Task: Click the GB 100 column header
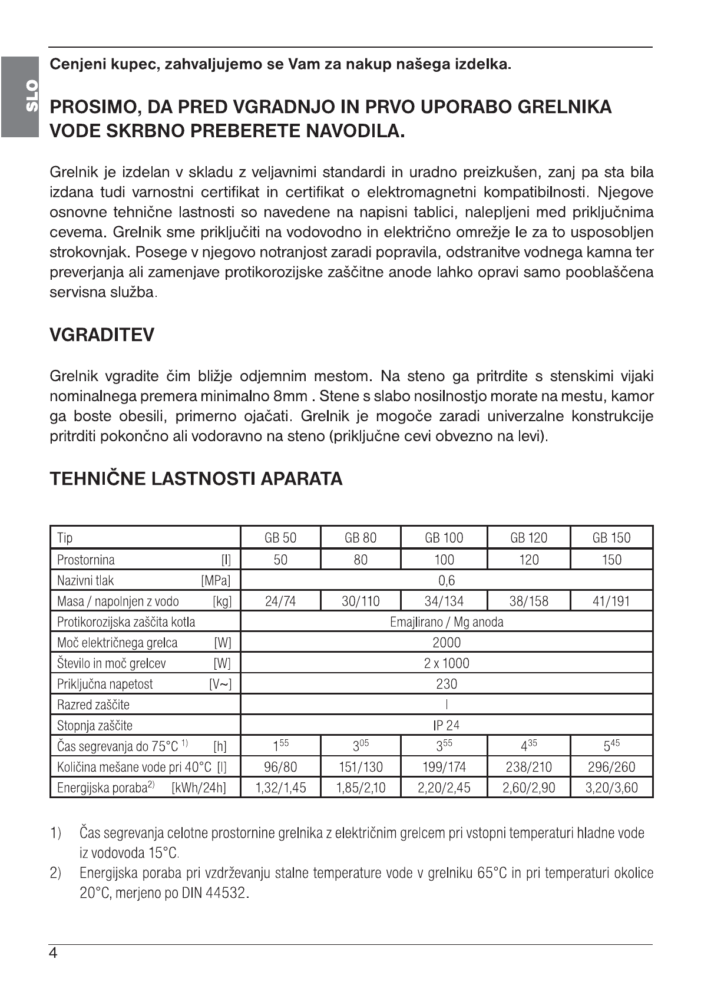pos(444,537)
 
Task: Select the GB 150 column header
pos(611,537)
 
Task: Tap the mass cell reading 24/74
pos(280,601)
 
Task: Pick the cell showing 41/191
pos(611,601)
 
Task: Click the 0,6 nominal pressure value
pos(447,580)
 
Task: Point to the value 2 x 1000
pos(447,663)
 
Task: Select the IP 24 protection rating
pos(447,725)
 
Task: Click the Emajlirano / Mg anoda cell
pos(447,621)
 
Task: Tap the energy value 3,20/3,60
pos(611,788)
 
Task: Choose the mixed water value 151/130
pos(361,767)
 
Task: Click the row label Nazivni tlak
pos(85,580)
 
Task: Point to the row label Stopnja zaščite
pos(94,725)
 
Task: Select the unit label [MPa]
pos(216,580)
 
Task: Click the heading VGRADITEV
pos(102,335)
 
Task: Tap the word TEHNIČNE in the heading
pos(97,478)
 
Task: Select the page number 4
pos(54,953)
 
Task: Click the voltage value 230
pos(447,684)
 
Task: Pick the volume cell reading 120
pos(528,559)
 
